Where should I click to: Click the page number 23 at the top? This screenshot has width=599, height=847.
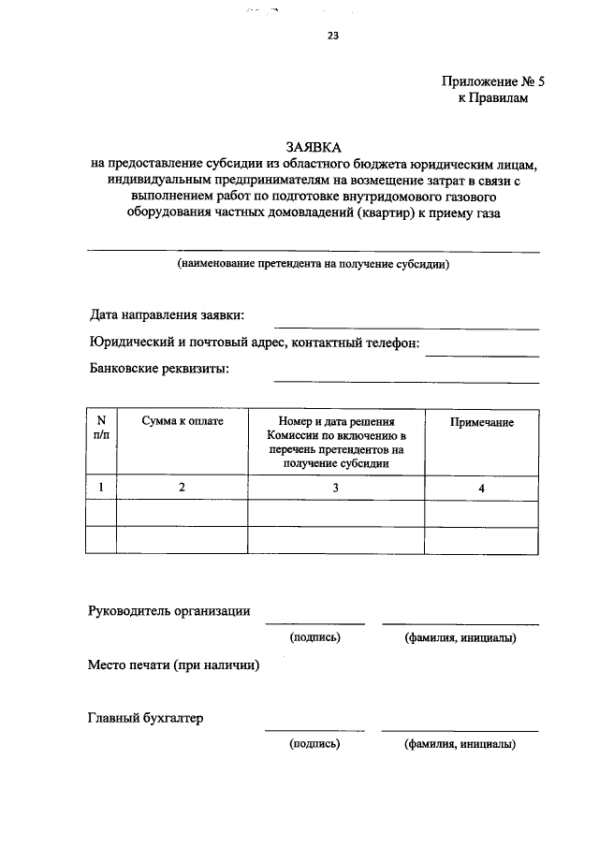pyautogui.click(x=332, y=37)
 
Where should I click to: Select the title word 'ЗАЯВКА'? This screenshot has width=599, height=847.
pyautogui.click(x=314, y=148)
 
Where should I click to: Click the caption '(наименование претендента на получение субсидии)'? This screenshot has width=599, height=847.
pyautogui.click(x=314, y=265)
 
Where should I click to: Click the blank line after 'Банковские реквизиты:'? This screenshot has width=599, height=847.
pyautogui.click(x=405, y=381)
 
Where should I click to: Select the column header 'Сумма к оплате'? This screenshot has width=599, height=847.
pyautogui.click(x=183, y=423)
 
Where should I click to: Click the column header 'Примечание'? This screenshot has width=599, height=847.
pyautogui.click(x=481, y=423)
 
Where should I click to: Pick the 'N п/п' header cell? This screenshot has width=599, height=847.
pyautogui.click(x=101, y=429)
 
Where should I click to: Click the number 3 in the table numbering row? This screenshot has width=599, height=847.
pyautogui.click(x=336, y=487)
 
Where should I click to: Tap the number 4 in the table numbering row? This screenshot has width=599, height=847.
pyautogui.click(x=481, y=487)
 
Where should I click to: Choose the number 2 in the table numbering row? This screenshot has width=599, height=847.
pyautogui.click(x=183, y=487)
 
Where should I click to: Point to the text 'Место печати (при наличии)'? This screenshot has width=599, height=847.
pyautogui.click(x=173, y=665)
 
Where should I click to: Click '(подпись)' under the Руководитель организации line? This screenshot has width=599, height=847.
pyautogui.click(x=314, y=638)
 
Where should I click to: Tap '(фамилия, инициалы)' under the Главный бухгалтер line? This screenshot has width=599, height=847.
pyautogui.click(x=460, y=745)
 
